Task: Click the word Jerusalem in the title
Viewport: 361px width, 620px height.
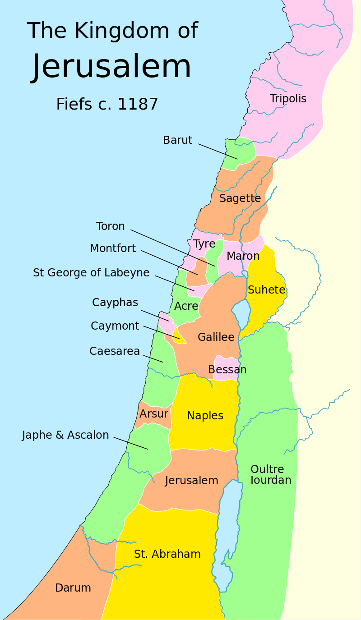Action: [111, 67]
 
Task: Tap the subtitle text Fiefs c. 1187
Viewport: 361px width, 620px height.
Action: [107, 104]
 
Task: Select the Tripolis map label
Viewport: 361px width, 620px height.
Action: [288, 99]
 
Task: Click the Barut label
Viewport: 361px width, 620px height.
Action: [177, 140]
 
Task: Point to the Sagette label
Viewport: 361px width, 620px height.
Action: [240, 198]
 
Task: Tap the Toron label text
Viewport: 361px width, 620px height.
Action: [110, 226]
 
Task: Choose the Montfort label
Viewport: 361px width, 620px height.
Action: [113, 248]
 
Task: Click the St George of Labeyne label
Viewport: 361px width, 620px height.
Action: [91, 273]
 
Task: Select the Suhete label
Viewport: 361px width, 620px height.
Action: [266, 290]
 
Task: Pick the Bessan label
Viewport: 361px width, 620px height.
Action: [227, 370]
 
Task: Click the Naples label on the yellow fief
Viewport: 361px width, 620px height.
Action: [205, 416]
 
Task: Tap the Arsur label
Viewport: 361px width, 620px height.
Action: [153, 414]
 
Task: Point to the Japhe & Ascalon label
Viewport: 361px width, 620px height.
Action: [65, 435]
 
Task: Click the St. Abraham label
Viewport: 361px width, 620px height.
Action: [167, 554]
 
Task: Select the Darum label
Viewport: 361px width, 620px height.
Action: [73, 588]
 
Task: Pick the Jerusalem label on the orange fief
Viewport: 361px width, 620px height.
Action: [191, 481]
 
